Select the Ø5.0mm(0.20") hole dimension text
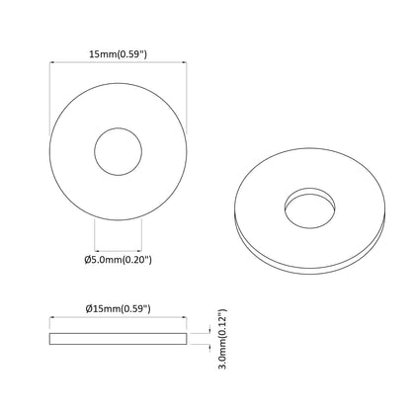(x=118, y=260)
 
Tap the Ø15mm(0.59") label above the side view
(x=118, y=309)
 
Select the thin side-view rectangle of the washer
(x=118, y=339)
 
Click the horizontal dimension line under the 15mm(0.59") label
(x=118, y=66)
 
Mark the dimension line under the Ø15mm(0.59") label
(x=118, y=319)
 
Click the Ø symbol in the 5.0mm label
(x=88, y=260)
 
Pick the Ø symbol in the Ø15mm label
(x=88, y=309)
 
